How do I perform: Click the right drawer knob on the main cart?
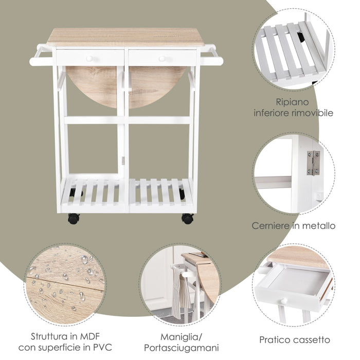coord(162,59)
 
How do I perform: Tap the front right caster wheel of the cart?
coord(187,218)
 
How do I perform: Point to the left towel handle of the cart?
coord(41,57)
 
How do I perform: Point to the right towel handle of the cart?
coord(211,57)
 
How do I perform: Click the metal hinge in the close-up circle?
coord(313,163)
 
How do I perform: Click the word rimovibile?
coord(313,113)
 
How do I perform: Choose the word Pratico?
coord(276,340)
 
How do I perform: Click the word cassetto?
coord(312,340)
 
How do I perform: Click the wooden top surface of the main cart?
coord(126,37)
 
